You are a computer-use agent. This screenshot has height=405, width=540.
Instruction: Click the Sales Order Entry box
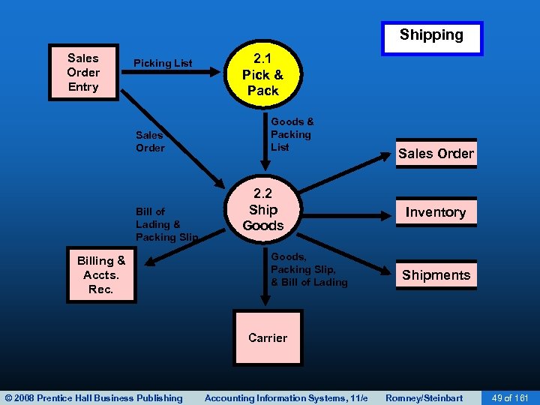point(82,72)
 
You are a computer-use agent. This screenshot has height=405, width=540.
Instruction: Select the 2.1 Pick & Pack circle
point(262,75)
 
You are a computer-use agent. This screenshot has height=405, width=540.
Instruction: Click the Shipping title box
point(431,36)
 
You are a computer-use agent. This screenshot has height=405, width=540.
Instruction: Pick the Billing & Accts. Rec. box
point(101,275)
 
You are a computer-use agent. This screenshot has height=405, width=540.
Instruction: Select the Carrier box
point(268,337)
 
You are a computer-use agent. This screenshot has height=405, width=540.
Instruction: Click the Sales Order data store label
point(436,154)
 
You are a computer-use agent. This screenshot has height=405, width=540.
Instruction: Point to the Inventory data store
point(436,212)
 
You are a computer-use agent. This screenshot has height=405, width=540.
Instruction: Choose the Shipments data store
point(436,275)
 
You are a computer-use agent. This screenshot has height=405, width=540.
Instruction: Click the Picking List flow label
point(163,63)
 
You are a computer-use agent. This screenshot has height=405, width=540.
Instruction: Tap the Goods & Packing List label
point(292,134)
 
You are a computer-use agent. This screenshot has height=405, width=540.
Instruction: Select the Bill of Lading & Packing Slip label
point(166,224)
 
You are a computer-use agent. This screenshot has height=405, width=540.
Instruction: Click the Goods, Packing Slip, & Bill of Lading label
point(309,269)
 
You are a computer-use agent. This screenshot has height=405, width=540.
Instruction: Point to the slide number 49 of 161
point(509,397)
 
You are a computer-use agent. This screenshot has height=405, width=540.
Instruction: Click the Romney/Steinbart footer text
point(424,397)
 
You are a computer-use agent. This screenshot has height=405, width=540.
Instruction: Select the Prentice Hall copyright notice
point(93,397)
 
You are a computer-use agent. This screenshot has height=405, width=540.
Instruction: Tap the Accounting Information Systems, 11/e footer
point(286,397)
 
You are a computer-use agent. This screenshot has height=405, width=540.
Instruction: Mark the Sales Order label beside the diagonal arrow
point(150,142)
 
